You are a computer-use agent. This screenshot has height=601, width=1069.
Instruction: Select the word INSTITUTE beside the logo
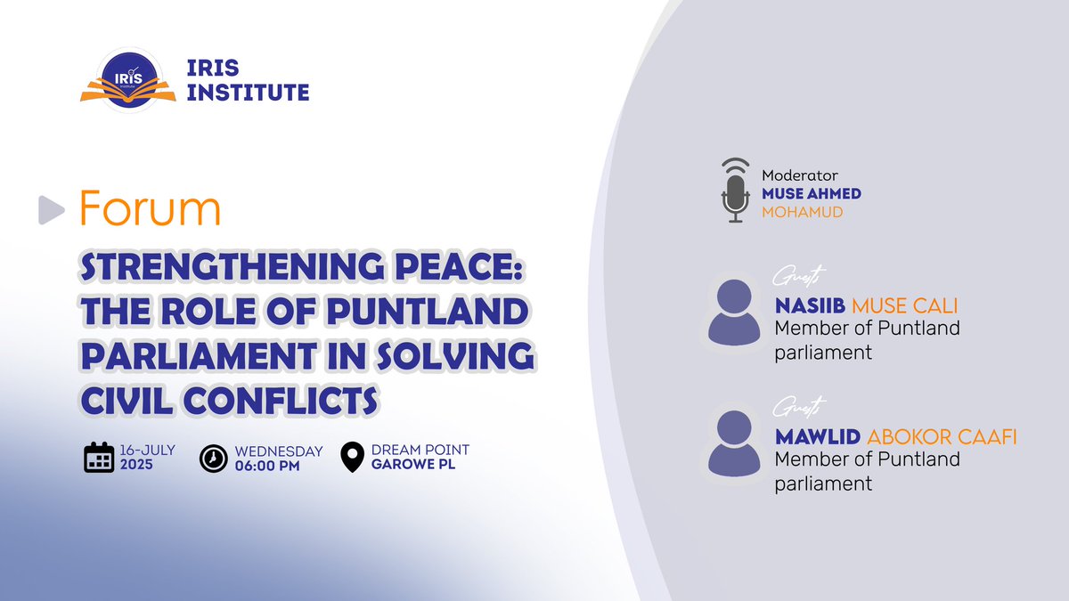pos(249,92)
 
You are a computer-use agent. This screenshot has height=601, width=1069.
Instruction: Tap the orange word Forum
pos(150,208)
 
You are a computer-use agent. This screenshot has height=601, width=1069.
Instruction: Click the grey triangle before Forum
pos(53,209)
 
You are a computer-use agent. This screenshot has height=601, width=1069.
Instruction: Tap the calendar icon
pos(99,457)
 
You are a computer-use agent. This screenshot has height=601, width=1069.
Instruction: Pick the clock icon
pos(212,457)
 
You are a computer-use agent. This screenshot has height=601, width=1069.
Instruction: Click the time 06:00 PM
pos(267,466)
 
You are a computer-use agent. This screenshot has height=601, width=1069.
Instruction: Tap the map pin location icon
pos(354,457)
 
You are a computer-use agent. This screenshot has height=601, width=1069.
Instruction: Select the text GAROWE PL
pos(413,464)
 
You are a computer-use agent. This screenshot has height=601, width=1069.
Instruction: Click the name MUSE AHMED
pos(811,193)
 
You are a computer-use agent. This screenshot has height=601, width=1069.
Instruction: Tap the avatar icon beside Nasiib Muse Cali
pos(733,308)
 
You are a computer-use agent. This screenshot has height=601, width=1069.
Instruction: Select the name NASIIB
pos(810,306)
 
